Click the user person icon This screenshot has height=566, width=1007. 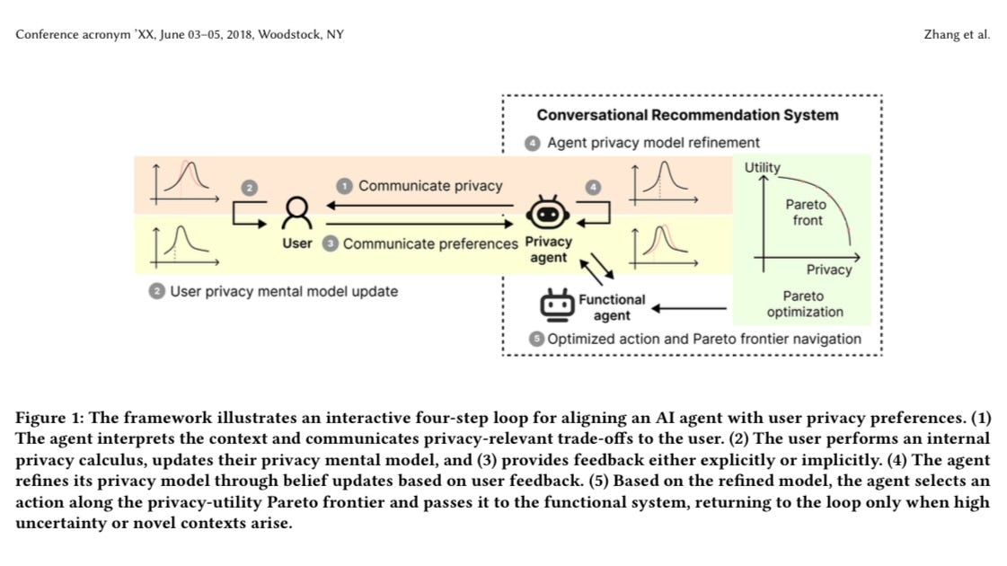pos(297,213)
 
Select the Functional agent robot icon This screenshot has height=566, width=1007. pos(556,305)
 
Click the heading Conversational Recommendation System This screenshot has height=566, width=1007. pos(687,115)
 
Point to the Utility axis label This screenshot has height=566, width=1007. pos(762,167)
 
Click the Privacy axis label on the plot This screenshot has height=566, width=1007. pos(828,270)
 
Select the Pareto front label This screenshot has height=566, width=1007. pos(807,212)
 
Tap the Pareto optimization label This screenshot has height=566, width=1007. pos(806,304)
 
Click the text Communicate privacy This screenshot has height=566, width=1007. pos(430,185)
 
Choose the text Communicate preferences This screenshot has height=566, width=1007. pos(430,243)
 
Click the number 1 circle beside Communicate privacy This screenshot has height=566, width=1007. pos(345,185)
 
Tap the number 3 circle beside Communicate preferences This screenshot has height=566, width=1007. pos(330,243)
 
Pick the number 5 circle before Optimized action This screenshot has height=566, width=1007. pos(536,339)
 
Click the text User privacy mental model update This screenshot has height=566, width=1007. pos(283,291)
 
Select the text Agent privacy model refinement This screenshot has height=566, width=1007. pos(653,142)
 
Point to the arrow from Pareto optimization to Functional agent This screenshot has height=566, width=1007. pos(689,308)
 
